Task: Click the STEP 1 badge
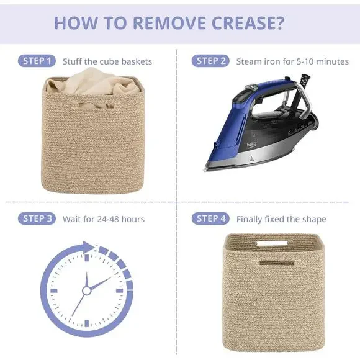coord(37,61)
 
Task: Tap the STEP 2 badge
coord(210,61)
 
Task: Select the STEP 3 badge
coord(37,218)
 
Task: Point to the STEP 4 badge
coord(210,218)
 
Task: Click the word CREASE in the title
coord(248,23)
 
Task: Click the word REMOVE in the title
coord(169,23)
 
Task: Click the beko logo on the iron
coord(251,145)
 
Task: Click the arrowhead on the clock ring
coord(88,247)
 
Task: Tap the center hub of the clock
coord(86,290)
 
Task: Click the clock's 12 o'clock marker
coord(86,258)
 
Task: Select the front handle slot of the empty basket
coord(277,263)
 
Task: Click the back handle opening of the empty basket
coord(272,243)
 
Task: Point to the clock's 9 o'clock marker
coord(54,290)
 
